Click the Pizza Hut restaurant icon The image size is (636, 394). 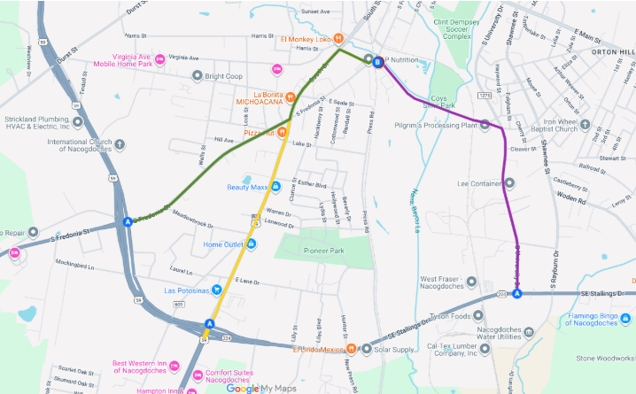[x=282, y=132]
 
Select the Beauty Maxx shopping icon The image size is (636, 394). [x=275, y=186]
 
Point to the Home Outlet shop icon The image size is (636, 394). [x=252, y=243]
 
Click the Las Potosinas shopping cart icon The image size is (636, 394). [x=215, y=290]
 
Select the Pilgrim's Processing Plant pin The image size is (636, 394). [x=485, y=126]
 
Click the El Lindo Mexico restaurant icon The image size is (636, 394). [x=352, y=347]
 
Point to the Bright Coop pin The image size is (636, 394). [x=198, y=76]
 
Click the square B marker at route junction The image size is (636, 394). [x=378, y=62]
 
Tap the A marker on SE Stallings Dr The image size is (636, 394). [x=518, y=293]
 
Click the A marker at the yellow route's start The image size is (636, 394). [x=210, y=323]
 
